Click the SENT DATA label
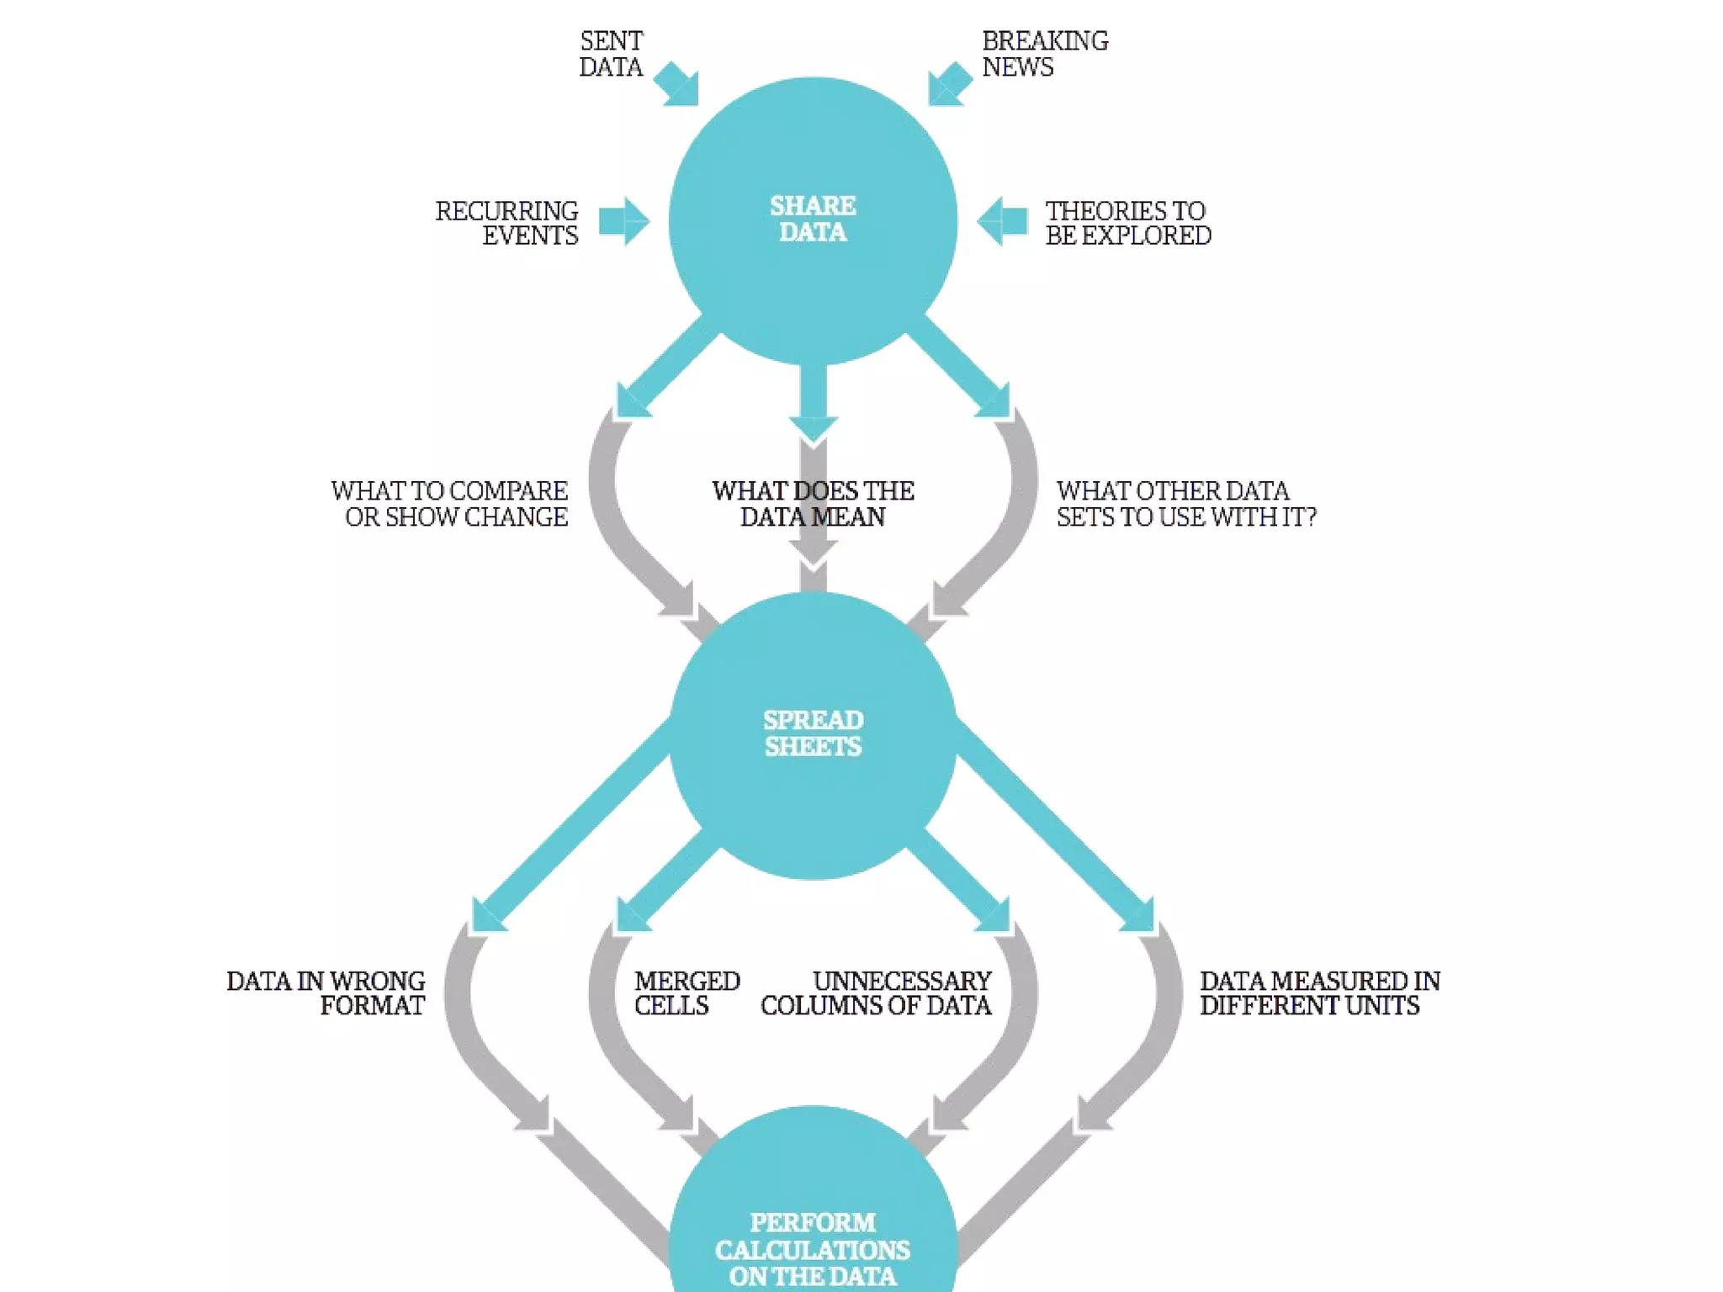click(x=611, y=54)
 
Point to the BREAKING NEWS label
click(x=1044, y=54)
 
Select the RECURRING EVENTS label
click(x=507, y=223)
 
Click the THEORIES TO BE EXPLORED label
click(x=1127, y=223)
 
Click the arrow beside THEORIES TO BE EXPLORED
click(x=1003, y=221)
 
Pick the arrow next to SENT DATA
click(x=678, y=84)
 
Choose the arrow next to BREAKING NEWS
click(x=949, y=84)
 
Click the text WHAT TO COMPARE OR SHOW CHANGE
click(x=450, y=503)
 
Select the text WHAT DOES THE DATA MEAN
click(x=813, y=503)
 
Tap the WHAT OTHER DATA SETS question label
click(x=1185, y=503)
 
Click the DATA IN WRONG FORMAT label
click(x=326, y=993)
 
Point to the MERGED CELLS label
click(x=687, y=993)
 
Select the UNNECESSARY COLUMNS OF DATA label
click(x=877, y=993)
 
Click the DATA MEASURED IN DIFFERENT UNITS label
click(x=1319, y=993)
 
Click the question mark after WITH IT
click(x=1308, y=516)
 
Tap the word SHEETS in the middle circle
click(x=813, y=746)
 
